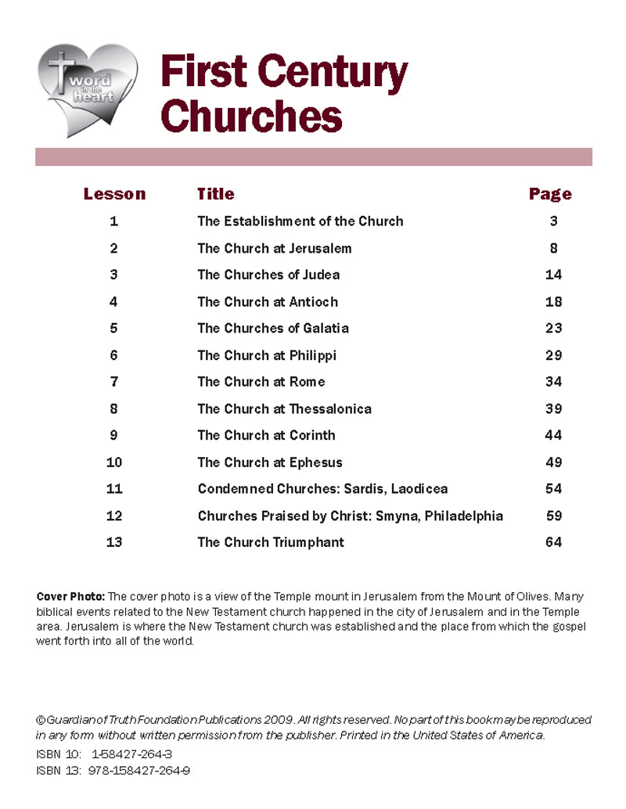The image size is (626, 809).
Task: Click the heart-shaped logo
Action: (x=87, y=90)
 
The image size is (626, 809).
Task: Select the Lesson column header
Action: (x=114, y=194)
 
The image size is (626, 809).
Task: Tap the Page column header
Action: (x=550, y=194)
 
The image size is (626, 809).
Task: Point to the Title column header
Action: (x=215, y=194)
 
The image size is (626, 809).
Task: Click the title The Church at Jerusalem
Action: (x=274, y=248)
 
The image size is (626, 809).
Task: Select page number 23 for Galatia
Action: (x=553, y=329)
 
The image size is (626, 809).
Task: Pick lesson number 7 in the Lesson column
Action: (x=114, y=382)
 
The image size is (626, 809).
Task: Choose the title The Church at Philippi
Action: (x=266, y=355)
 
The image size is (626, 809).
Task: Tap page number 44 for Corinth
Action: (x=553, y=436)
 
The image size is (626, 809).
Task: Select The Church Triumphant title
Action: (x=270, y=542)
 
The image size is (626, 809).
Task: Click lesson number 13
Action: (x=114, y=542)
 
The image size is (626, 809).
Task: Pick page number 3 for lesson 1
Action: (x=553, y=221)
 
